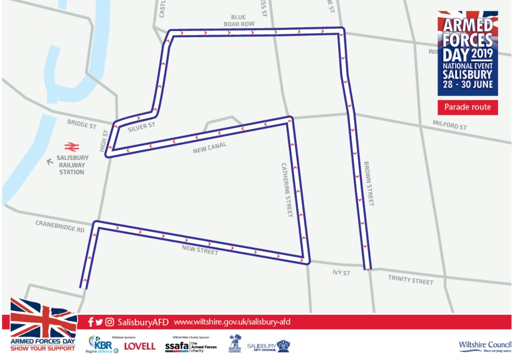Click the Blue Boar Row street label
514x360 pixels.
239,21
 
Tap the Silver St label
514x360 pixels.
141,127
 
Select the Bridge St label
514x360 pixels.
82,124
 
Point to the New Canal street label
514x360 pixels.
210,148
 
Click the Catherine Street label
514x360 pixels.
286,190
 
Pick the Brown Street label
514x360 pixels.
369,184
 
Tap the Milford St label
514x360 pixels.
450,125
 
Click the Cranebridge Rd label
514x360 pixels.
60,226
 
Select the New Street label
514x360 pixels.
200,250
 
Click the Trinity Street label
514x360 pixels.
411,280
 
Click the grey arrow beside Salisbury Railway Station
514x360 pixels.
50,161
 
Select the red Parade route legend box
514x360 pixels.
468,107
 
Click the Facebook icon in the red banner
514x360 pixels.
91,322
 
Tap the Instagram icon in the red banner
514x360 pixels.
109,322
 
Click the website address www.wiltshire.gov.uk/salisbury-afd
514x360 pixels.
232,322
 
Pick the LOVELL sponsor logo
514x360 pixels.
139,346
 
